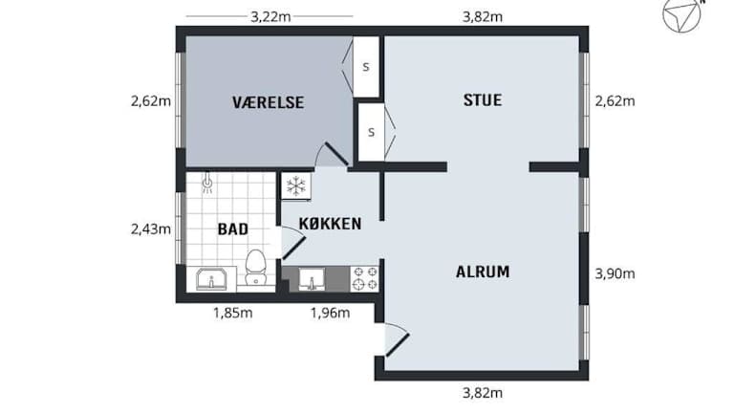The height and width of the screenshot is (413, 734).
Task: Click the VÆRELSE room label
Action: point(269,102)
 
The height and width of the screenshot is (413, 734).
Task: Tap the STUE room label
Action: point(483,100)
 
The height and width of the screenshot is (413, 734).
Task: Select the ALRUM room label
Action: point(483,272)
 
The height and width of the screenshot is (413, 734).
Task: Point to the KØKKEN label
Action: point(330,224)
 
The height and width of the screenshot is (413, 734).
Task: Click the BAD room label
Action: point(233,229)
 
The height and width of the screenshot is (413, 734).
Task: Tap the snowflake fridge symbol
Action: point(296,185)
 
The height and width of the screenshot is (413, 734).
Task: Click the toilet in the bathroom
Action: point(255,268)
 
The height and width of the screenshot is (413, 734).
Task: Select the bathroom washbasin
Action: point(211,279)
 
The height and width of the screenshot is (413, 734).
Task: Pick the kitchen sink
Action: point(312,279)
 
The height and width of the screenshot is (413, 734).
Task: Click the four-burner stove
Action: point(365,278)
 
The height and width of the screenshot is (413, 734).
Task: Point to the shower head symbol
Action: point(207,184)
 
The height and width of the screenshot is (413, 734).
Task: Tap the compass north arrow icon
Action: point(683,14)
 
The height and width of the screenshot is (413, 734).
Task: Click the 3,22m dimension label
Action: point(270,17)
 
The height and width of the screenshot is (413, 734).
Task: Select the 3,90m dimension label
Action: point(615,274)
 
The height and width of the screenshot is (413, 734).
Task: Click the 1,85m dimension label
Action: point(232,313)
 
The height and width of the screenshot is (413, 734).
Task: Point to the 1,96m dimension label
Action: point(330,313)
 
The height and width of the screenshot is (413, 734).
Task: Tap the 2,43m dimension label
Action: point(151,229)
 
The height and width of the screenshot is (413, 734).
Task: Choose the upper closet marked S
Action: point(366,67)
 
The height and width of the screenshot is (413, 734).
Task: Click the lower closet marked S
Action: point(371,132)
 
